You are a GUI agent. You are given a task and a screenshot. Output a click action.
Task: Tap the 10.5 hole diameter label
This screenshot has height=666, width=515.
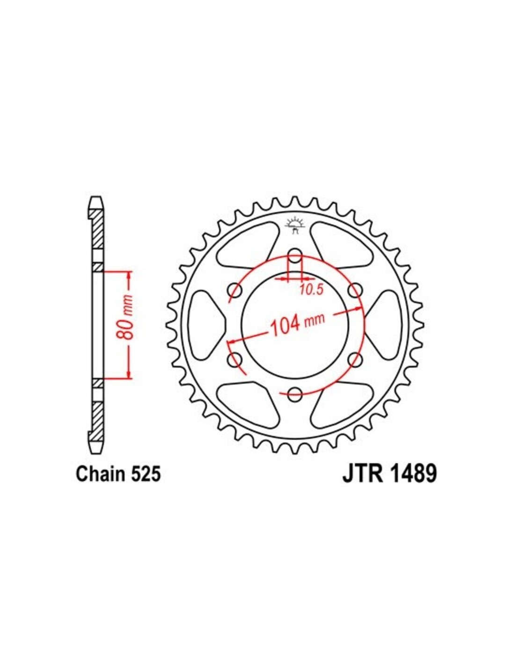click(x=311, y=289)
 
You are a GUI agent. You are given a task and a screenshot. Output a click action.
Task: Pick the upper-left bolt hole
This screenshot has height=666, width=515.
click(x=235, y=290)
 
